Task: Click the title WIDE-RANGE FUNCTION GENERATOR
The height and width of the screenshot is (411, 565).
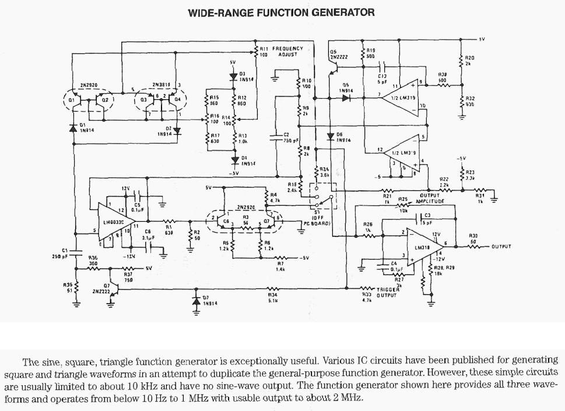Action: (281, 12)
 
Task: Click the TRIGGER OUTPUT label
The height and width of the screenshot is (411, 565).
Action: (387, 292)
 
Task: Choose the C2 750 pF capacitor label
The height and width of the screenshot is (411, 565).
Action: (290, 138)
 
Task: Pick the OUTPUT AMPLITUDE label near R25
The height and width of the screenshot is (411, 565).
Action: (431, 198)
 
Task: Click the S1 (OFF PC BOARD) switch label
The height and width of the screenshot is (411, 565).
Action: (317, 220)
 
